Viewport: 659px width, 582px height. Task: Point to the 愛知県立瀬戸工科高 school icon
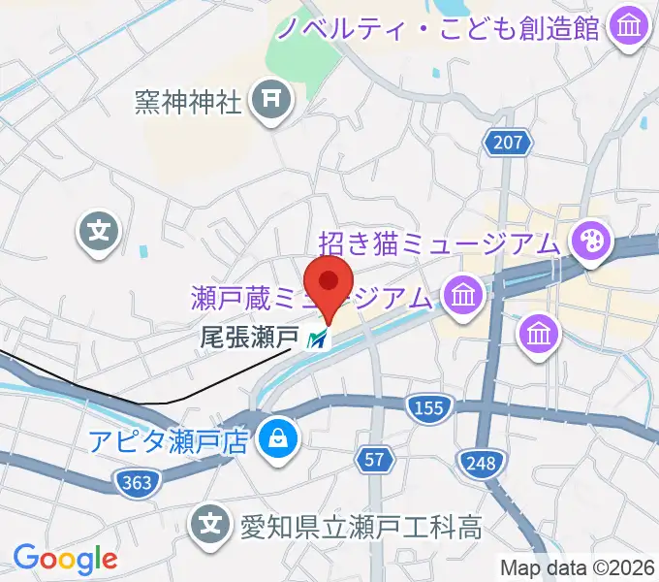[210, 527]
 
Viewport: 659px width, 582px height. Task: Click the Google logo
[65, 559]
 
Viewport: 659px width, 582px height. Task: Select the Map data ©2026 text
[579, 566]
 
